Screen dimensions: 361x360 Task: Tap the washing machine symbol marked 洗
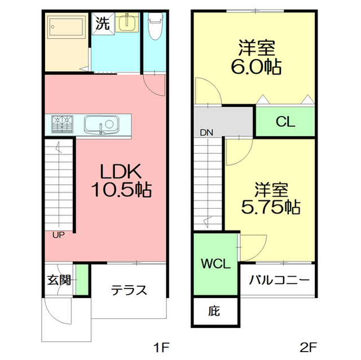tap(103, 23)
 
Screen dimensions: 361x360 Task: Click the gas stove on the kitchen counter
tap(62, 124)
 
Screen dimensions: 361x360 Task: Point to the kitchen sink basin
tap(102, 125)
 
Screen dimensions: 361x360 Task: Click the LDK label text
tap(121, 171)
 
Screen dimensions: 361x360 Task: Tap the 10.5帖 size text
tap(121, 190)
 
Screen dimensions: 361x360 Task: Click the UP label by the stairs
tap(59, 235)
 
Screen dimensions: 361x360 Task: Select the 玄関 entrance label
tap(59, 280)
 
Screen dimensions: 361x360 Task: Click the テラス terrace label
tap(129, 290)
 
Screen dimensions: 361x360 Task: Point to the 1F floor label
tap(162, 348)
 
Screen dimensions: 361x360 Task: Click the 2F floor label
tap(309, 348)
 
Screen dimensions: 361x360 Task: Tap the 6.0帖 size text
tap(256, 66)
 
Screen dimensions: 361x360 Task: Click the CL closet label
tap(285, 122)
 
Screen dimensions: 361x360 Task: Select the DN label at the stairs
tap(206, 132)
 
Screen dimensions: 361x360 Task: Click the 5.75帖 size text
tap(271, 207)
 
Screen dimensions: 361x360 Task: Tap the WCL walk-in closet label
tap(215, 264)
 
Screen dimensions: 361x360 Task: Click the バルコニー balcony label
tap(279, 280)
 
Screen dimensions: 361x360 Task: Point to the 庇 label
tap(214, 311)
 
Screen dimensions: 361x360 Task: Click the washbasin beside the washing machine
tap(126, 23)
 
